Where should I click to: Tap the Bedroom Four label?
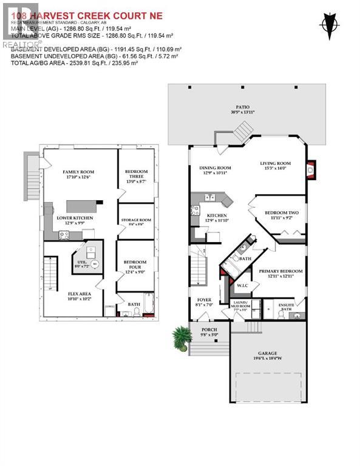(x=135, y=265)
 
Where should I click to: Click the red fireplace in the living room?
(x=311, y=171)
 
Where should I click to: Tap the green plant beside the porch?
(x=180, y=337)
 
